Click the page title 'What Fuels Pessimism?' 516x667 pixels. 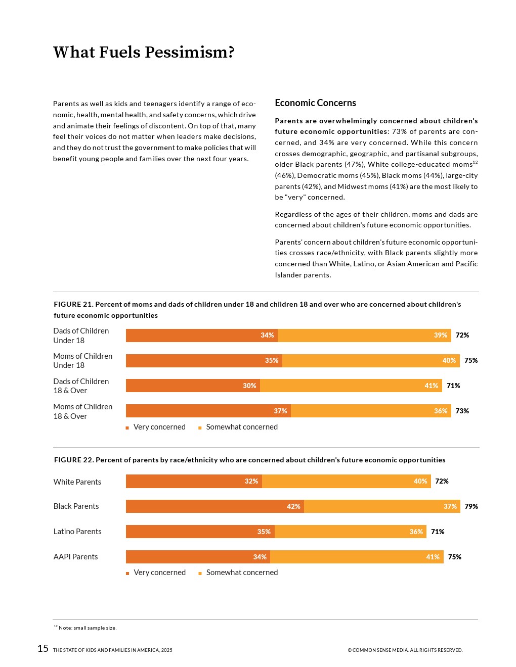click(144, 52)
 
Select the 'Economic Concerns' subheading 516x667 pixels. click(315, 103)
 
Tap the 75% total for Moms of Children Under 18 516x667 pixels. click(471, 360)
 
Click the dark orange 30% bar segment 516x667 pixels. click(193, 386)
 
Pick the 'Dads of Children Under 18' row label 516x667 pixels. click(81, 336)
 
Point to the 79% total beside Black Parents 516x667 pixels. click(471, 506)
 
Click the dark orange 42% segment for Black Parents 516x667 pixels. click(214, 506)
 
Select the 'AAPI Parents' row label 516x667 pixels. click(76, 557)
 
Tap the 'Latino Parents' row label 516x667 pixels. click(77, 532)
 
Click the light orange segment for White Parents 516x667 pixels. click(346, 481)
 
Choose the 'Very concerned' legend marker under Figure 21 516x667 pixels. click(127, 428)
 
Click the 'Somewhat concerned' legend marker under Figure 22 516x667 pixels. click(200, 574)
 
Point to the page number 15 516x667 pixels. click(43, 649)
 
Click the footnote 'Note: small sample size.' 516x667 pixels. click(87, 628)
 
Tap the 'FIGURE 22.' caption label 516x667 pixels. click(74, 460)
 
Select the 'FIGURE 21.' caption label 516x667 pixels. click(73, 304)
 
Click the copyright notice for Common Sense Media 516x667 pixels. click(405, 650)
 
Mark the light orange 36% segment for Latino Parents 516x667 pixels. click(351, 532)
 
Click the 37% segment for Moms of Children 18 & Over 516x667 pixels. click(208, 411)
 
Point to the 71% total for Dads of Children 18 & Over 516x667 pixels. click(453, 386)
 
